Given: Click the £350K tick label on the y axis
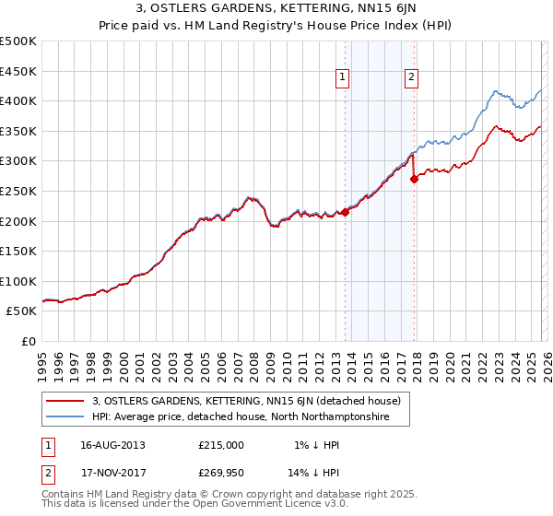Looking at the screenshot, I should point(19,131).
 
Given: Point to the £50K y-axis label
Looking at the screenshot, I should point(22,311).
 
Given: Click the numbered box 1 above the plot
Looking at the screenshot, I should point(342,78).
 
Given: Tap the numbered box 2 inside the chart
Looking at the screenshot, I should point(410,78).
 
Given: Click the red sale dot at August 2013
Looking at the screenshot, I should point(346,212).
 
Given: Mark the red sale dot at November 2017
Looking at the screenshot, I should point(415,180).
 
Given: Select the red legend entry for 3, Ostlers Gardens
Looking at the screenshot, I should point(246,402).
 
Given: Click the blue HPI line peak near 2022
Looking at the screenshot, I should point(496,91).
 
